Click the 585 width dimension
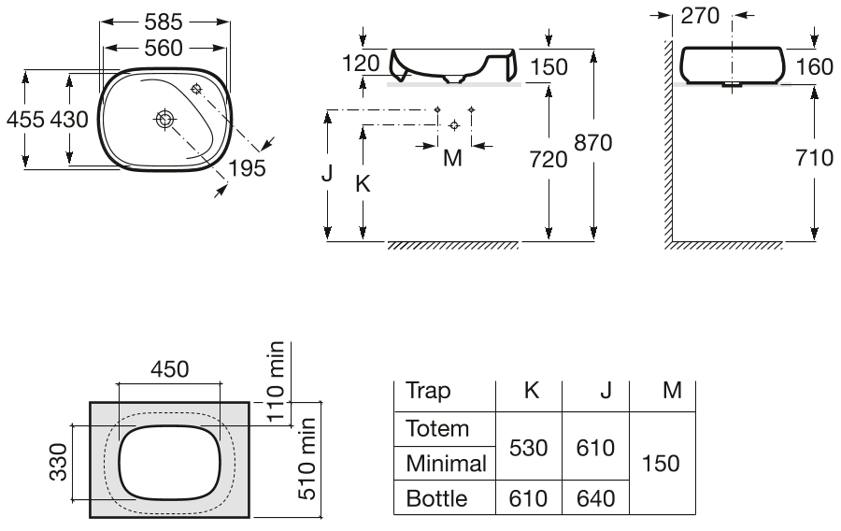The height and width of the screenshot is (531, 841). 164,22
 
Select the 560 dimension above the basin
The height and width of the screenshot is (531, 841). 164,49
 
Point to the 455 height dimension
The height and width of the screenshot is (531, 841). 25,119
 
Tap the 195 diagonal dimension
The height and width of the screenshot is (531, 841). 248,168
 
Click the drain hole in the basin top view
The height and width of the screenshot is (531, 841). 164,119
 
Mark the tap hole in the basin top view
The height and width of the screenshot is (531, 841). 196,89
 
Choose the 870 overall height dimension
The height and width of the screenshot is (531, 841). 593,143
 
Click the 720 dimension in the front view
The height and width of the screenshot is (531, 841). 549,160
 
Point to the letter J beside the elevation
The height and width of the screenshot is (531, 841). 327,173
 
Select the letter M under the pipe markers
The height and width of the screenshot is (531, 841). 452,158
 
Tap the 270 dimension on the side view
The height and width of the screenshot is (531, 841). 700,16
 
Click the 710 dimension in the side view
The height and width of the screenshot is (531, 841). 814,158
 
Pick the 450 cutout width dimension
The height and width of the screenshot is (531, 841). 169,369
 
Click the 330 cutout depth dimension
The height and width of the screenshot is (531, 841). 59,462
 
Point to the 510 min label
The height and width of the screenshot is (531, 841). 307,459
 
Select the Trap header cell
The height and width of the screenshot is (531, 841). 428,391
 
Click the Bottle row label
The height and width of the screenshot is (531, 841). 436,499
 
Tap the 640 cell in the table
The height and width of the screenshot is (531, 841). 595,499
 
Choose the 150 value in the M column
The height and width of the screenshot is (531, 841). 661,464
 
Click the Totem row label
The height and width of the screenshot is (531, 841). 437,429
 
